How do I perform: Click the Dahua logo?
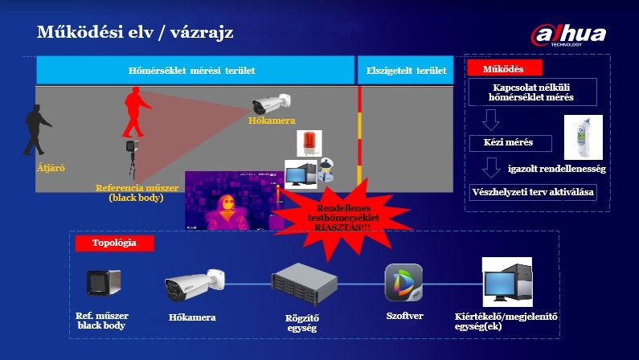click(x=568, y=35)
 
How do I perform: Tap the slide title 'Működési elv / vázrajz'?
click(x=135, y=32)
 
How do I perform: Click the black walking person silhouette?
click(x=37, y=130)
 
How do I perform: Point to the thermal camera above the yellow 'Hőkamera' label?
click(x=271, y=104)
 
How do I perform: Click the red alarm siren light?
click(x=309, y=143)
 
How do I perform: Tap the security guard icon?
click(x=326, y=170)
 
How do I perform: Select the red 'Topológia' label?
click(x=114, y=243)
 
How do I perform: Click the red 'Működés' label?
click(x=505, y=68)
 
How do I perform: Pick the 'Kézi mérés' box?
click(x=510, y=143)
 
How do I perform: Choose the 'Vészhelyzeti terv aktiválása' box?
click(x=533, y=192)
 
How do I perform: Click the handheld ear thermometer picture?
click(x=584, y=137)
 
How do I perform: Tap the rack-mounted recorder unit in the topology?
click(x=305, y=284)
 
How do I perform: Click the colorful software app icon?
click(x=403, y=283)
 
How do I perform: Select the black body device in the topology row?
click(x=104, y=283)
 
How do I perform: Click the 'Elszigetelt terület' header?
click(x=406, y=70)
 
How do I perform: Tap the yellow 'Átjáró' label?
click(x=51, y=167)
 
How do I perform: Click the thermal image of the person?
click(x=235, y=200)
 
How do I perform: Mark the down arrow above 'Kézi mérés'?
click(x=490, y=121)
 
